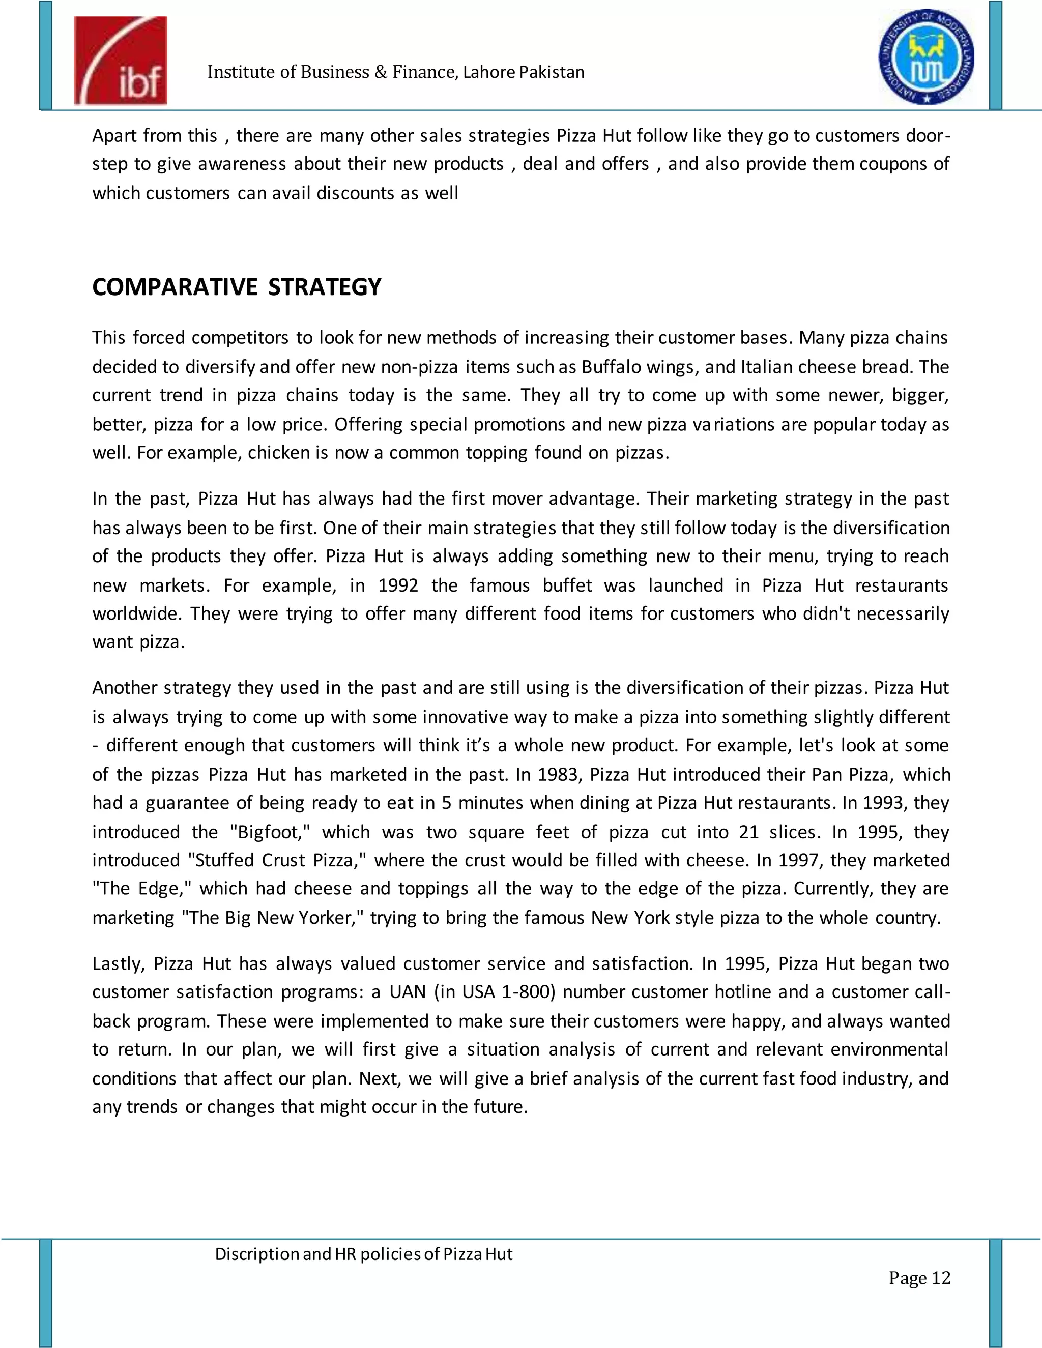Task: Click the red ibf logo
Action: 121,61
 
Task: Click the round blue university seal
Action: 927,57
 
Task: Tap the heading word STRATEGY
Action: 325,287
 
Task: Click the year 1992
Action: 398,585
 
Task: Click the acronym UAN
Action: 408,992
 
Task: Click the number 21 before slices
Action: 749,832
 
